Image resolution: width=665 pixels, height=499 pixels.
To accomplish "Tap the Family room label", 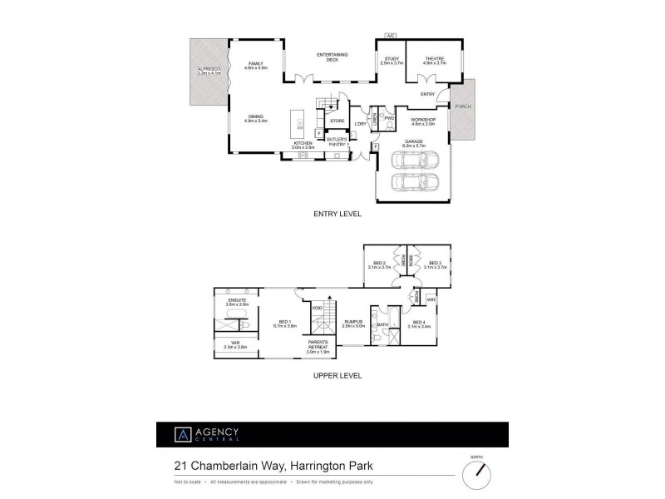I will click(x=255, y=65).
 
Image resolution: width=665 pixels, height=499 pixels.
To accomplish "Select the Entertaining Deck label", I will click(x=332, y=57).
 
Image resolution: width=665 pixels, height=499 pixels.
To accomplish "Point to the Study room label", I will click(x=391, y=61).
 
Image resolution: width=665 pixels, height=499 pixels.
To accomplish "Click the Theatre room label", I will click(x=435, y=61).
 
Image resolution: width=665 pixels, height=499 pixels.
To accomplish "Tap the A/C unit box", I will click(x=390, y=36).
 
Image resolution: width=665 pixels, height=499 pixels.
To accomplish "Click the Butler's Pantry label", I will click(x=337, y=143).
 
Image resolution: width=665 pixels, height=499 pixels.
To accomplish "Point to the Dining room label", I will click(x=255, y=119).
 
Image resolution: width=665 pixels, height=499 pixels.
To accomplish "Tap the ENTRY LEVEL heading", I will click(x=337, y=214).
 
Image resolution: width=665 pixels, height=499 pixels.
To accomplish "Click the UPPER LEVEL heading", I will click(x=337, y=375).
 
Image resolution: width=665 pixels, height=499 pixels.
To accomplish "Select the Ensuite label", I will click(x=237, y=303).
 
